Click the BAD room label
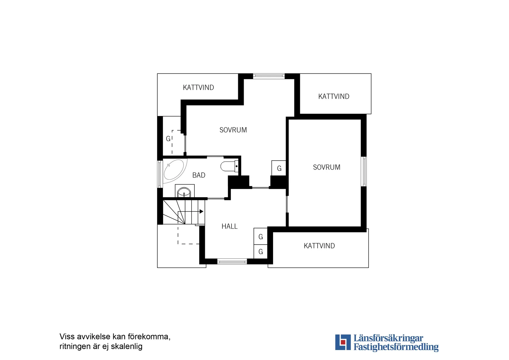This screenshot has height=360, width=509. pyautogui.click(x=199, y=175)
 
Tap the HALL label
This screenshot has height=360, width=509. pyautogui.click(x=230, y=226)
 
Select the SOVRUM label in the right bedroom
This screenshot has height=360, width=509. pyautogui.click(x=327, y=167)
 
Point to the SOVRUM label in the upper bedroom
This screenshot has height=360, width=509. pyautogui.click(x=233, y=130)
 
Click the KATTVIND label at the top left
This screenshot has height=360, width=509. pyautogui.click(x=198, y=88)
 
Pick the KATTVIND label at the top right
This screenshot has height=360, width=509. pyautogui.click(x=334, y=97)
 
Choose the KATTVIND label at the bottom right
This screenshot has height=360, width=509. pyautogui.click(x=319, y=246)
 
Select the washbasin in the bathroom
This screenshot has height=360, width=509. pyautogui.click(x=184, y=192)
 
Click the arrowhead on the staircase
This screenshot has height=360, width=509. pyautogui.click(x=201, y=211)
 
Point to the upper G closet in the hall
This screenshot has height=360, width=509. pyautogui.click(x=261, y=237)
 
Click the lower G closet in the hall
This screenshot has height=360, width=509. pyautogui.click(x=261, y=252)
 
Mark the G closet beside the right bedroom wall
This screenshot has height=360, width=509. pyautogui.click(x=279, y=169)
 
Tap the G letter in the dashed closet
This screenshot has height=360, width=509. pyautogui.click(x=168, y=139)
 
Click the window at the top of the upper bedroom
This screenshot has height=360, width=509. pyautogui.click(x=269, y=76)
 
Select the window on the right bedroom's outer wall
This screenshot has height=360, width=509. pyautogui.click(x=364, y=171)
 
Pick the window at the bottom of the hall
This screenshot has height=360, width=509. pyautogui.click(x=232, y=262)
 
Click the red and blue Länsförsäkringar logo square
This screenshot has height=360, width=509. pyautogui.click(x=343, y=342)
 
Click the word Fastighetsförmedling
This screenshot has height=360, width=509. pyautogui.click(x=396, y=347)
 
